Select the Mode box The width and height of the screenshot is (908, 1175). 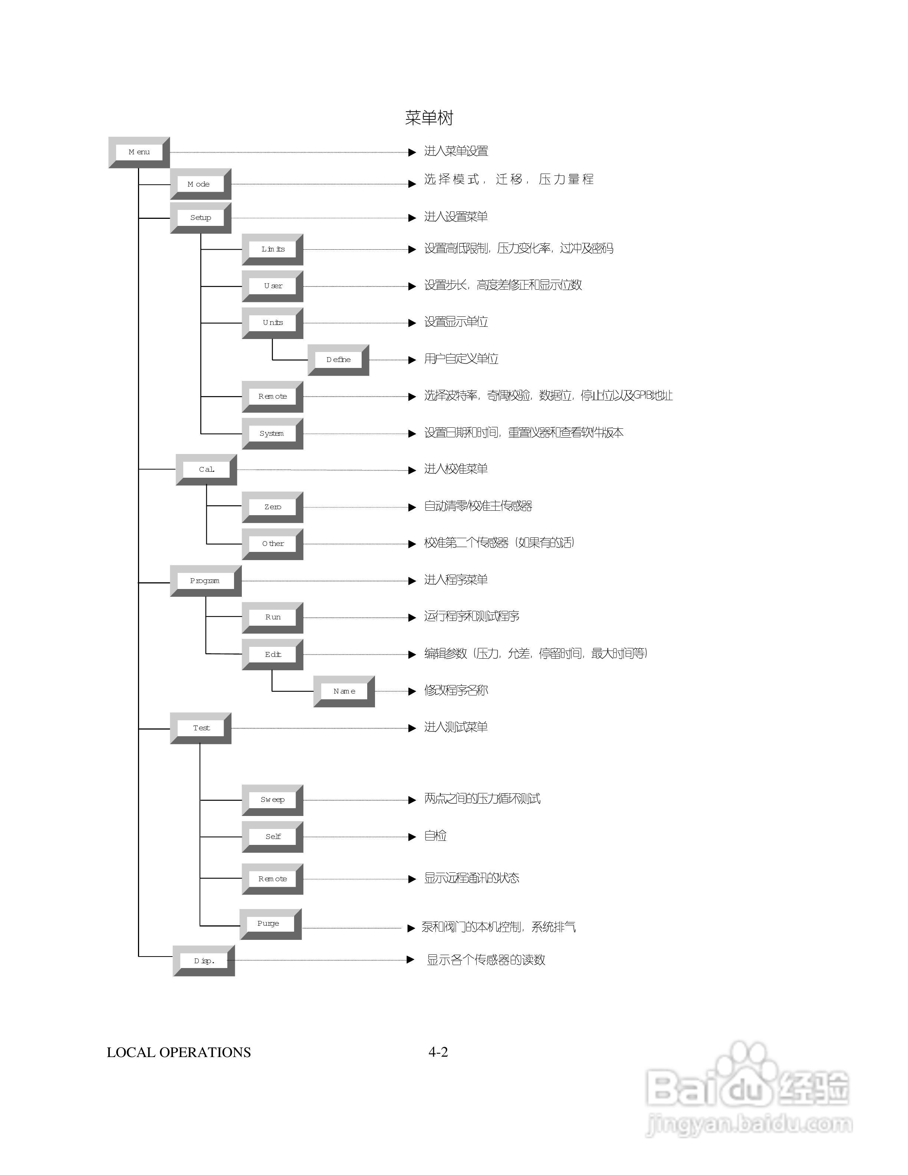pyautogui.click(x=200, y=184)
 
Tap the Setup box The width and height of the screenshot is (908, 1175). pyautogui.click(x=200, y=217)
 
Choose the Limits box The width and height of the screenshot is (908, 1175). pyautogui.click(x=272, y=249)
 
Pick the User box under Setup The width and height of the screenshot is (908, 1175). pyautogui.click(x=272, y=286)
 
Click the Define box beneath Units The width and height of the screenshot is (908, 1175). pyautogui.click(x=338, y=359)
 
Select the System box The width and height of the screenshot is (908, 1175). pyautogui.click(x=272, y=433)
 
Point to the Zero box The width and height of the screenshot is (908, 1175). pyautogui.click(x=272, y=507)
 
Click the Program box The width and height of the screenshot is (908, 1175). pyautogui.click(x=205, y=580)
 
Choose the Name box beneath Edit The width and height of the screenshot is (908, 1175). pyautogui.click(x=344, y=691)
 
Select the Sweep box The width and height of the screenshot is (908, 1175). pyautogui.click(x=272, y=800)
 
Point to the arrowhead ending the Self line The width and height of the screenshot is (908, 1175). pyautogui.click(x=412, y=837)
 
